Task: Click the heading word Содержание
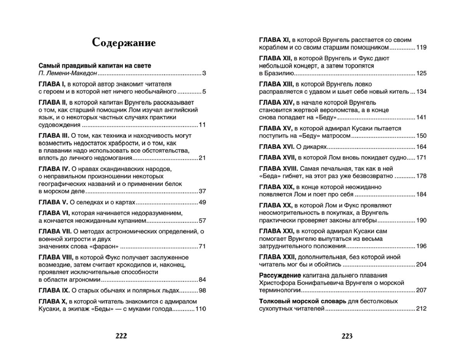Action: (124, 42)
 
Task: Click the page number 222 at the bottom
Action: (121, 336)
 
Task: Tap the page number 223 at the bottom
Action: (347, 336)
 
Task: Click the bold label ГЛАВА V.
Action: (54, 202)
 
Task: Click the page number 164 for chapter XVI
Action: (421, 147)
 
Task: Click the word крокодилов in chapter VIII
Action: (135, 265)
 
